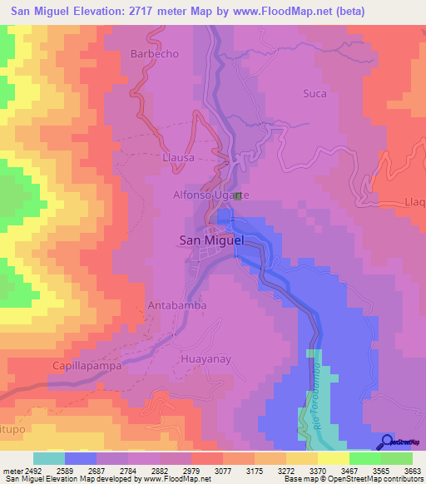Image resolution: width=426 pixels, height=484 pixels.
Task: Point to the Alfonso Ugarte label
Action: click(210, 195)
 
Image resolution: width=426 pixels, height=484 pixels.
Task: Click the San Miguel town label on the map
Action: click(211, 240)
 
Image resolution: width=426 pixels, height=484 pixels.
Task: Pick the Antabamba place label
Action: click(175, 305)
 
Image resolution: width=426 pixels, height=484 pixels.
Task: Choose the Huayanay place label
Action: click(203, 359)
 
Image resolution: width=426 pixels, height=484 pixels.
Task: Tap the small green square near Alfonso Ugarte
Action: click(238, 195)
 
